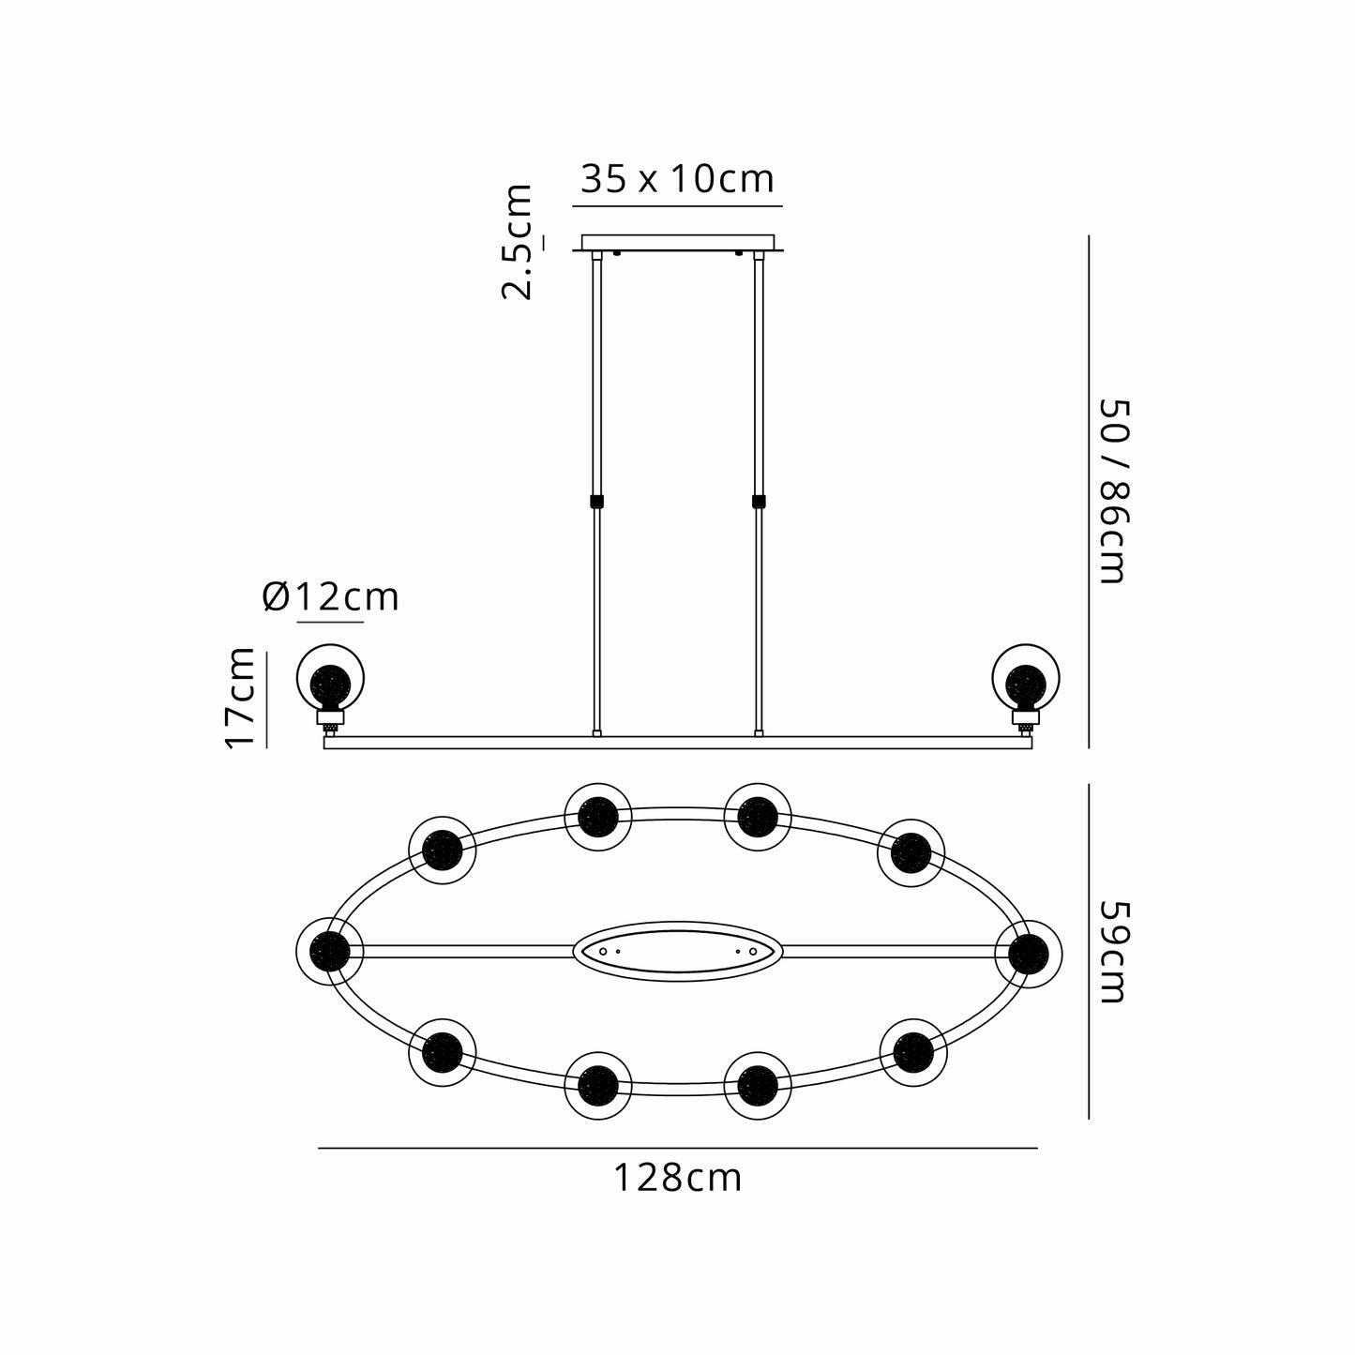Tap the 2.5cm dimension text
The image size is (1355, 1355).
pyautogui.click(x=517, y=242)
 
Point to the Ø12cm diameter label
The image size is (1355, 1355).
pyautogui.click(x=330, y=597)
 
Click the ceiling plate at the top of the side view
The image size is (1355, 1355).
pyautogui.click(x=678, y=243)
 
